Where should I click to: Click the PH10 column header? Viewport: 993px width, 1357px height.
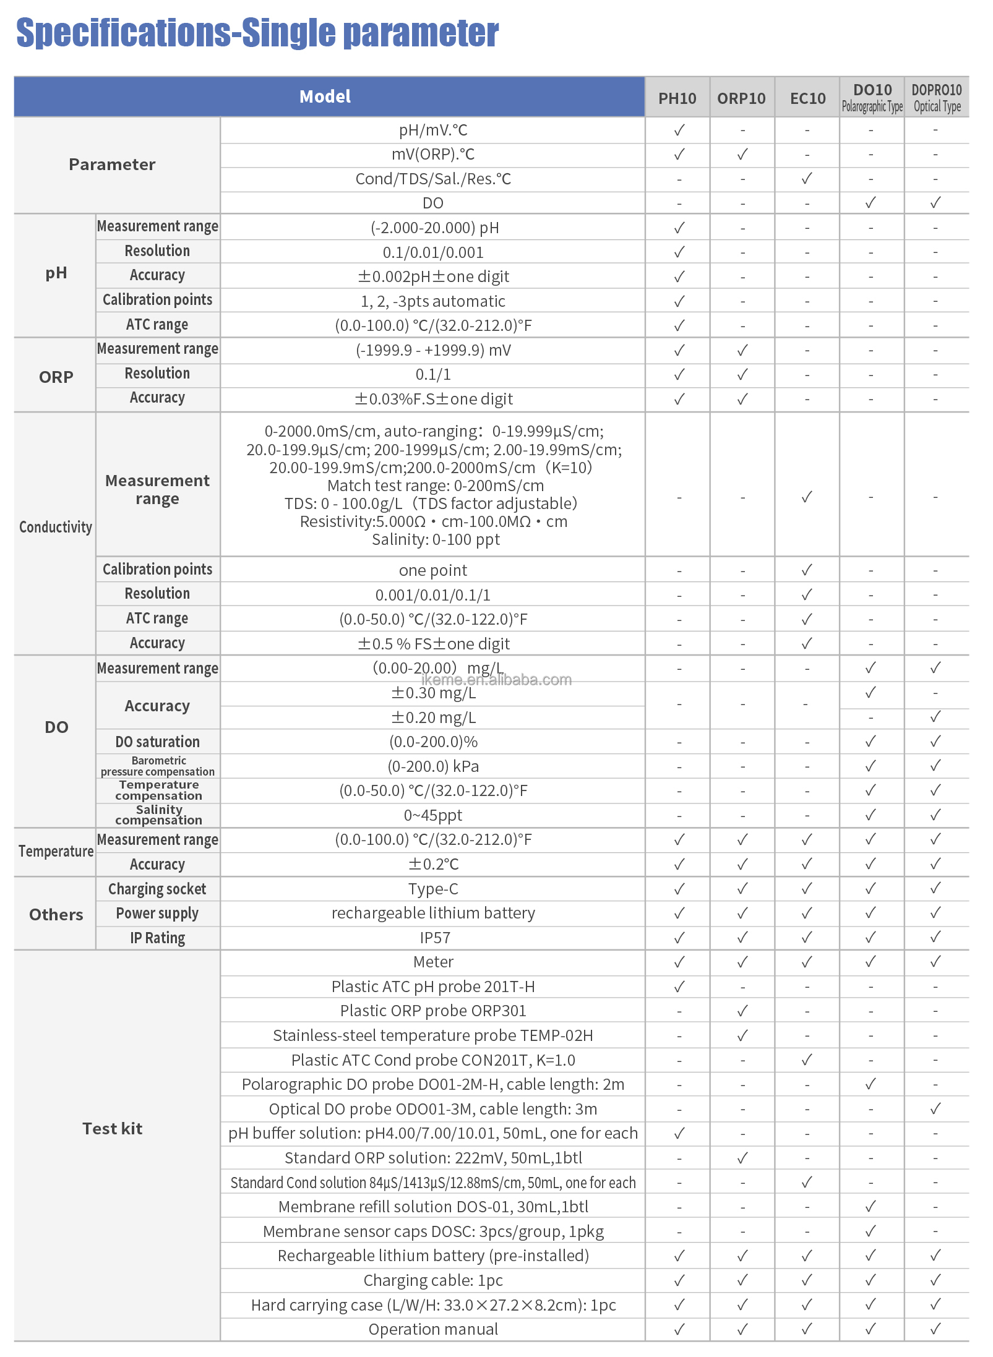677,98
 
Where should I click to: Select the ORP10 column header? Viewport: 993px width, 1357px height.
741,98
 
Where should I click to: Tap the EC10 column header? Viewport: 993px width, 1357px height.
807,98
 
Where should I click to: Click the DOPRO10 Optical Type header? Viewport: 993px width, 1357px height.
936,98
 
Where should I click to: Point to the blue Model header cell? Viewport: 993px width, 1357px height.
325,96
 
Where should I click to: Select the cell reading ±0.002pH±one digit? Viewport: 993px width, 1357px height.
433,276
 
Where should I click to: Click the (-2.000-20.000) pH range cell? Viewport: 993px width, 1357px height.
433,228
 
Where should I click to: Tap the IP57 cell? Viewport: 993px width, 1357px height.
433,938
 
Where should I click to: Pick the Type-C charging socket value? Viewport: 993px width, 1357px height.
433,889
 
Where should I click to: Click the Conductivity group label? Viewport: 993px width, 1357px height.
56,527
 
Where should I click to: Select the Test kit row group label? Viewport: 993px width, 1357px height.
113,1129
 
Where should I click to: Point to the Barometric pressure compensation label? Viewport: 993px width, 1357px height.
158,766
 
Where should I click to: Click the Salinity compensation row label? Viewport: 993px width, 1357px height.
158,815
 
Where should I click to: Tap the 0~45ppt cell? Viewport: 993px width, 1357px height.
433,815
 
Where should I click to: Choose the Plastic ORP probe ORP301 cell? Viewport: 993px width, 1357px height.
433,1011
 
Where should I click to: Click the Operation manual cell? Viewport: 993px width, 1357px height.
433,1329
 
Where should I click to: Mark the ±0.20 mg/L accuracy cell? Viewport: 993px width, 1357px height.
433,717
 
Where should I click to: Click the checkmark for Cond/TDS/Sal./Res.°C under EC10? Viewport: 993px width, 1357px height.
807,179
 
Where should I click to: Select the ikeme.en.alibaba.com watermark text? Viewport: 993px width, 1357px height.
496,680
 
